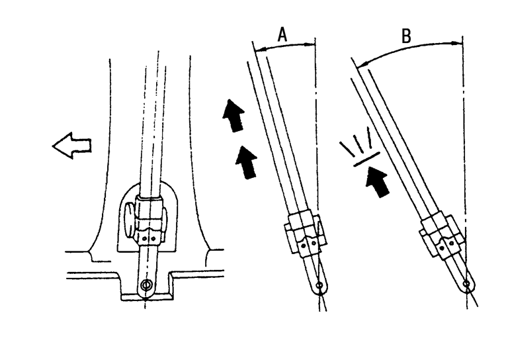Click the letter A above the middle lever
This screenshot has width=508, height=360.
coord(282,35)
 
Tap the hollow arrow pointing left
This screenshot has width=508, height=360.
coord(72,144)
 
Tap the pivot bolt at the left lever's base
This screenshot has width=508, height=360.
coord(146,286)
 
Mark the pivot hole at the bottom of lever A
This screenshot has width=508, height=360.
coord(319,285)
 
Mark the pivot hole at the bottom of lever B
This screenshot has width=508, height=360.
coord(467,285)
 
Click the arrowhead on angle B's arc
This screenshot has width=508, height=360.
coord(360,65)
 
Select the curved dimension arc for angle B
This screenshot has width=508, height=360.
coord(410,48)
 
